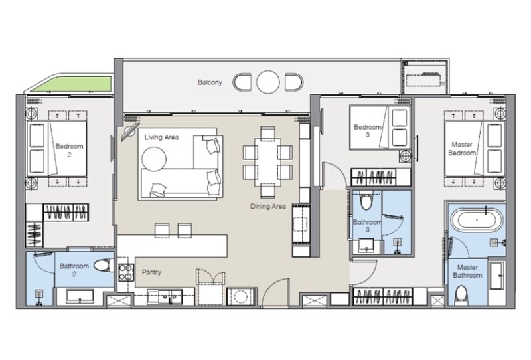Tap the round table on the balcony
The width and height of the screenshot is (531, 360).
tap(269, 82)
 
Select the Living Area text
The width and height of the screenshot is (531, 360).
tap(161, 137)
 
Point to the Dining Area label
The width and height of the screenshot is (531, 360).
tap(267, 207)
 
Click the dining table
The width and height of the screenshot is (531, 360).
tap(267, 162)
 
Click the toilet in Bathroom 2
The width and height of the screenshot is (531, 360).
tap(102, 266)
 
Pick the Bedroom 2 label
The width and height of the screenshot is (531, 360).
tap(66, 150)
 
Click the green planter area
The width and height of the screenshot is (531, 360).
tap(69, 85)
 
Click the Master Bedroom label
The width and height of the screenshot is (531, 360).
tap(463, 148)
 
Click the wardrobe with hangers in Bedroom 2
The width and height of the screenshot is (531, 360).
tap(66, 213)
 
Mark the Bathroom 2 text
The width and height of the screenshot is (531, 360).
tap(74, 270)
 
